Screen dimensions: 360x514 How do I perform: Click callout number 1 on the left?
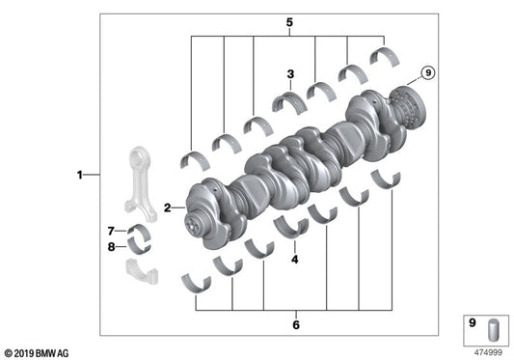(x=80, y=175)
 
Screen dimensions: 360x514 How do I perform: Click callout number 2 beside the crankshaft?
(x=167, y=207)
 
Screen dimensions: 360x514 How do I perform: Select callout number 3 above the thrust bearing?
(x=289, y=73)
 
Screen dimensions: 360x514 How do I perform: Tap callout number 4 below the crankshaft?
(x=295, y=259)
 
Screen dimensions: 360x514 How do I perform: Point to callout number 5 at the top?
(x=288, y=21)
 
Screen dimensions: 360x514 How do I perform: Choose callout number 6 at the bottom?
(x=296, y=324)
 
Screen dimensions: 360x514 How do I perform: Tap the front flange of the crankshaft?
(x=198, y=212)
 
